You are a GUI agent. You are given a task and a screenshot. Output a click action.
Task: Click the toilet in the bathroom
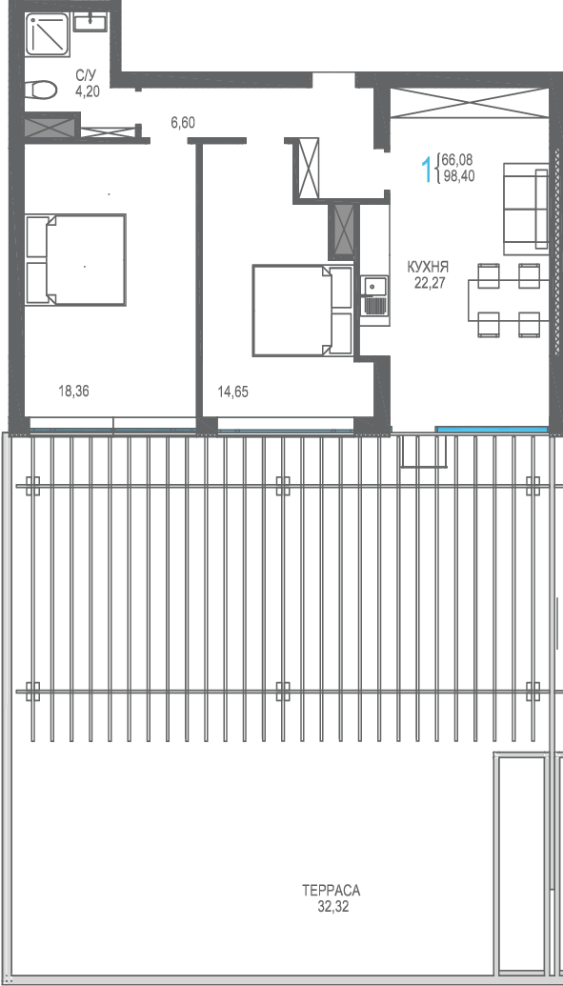point(42,90)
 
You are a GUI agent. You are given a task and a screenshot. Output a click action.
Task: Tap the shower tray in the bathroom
point(48,35)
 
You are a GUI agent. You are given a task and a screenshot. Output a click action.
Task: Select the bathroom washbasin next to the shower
point(90,23)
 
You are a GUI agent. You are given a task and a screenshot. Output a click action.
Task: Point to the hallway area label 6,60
point(182,123)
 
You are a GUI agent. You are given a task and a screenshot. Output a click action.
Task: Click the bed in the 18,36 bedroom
point(75,260)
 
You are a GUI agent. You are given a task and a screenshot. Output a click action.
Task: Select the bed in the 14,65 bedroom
point(303,310)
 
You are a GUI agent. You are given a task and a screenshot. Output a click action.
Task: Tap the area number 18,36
point(73,392)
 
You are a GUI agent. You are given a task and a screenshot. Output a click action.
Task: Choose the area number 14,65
point(232,392)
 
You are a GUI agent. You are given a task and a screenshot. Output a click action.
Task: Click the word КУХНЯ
point(429,268)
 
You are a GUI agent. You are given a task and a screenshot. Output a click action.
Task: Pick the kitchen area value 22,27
point(429,282)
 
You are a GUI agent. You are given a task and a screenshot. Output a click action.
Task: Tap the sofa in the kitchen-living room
point(525,207)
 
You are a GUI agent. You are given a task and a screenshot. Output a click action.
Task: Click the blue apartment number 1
point(428,170)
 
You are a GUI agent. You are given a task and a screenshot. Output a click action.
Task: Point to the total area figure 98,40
point(458,176)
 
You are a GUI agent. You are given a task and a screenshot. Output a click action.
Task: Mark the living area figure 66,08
point(456,160)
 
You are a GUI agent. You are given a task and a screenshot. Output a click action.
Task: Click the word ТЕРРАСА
point(331,891)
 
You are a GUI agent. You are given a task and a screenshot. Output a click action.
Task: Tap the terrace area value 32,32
point(333,907)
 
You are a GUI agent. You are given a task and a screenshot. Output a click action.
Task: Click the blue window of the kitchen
point(492,429)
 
